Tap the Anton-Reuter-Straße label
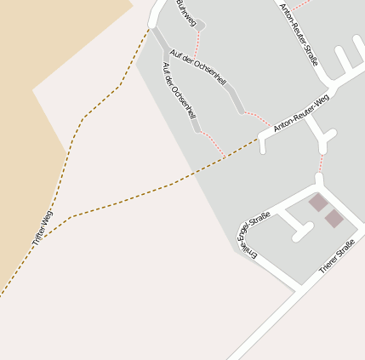[x=299, y=33]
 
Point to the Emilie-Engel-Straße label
[x=255, y=236]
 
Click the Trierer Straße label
[x=336, y=257]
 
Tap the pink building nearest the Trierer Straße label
[x=334, y=219]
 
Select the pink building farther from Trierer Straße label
[x=318, y=203]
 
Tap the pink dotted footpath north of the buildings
[x=322, y=163]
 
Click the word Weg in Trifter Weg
[x=47, y=216]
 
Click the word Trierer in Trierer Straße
[x=329, y=263]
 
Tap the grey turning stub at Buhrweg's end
[x=200, y=26]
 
